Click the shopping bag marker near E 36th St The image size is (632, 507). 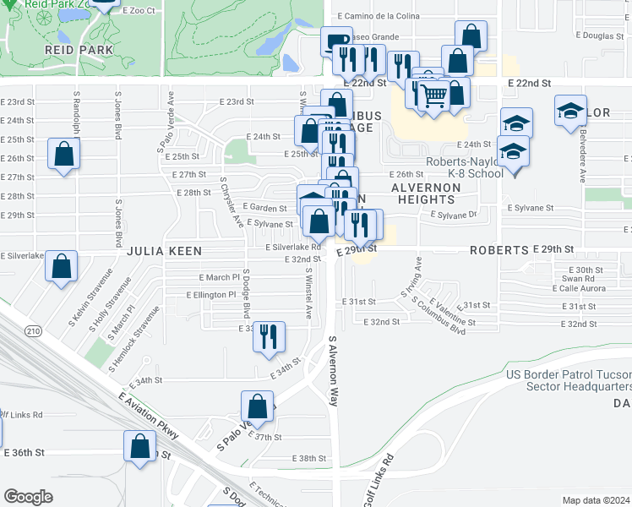point(140,445)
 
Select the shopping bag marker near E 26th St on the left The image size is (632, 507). point(64,154)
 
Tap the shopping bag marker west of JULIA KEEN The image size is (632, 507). point(62,266)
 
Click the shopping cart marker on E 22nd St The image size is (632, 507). point(433,96)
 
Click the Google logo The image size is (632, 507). point(28,497)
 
